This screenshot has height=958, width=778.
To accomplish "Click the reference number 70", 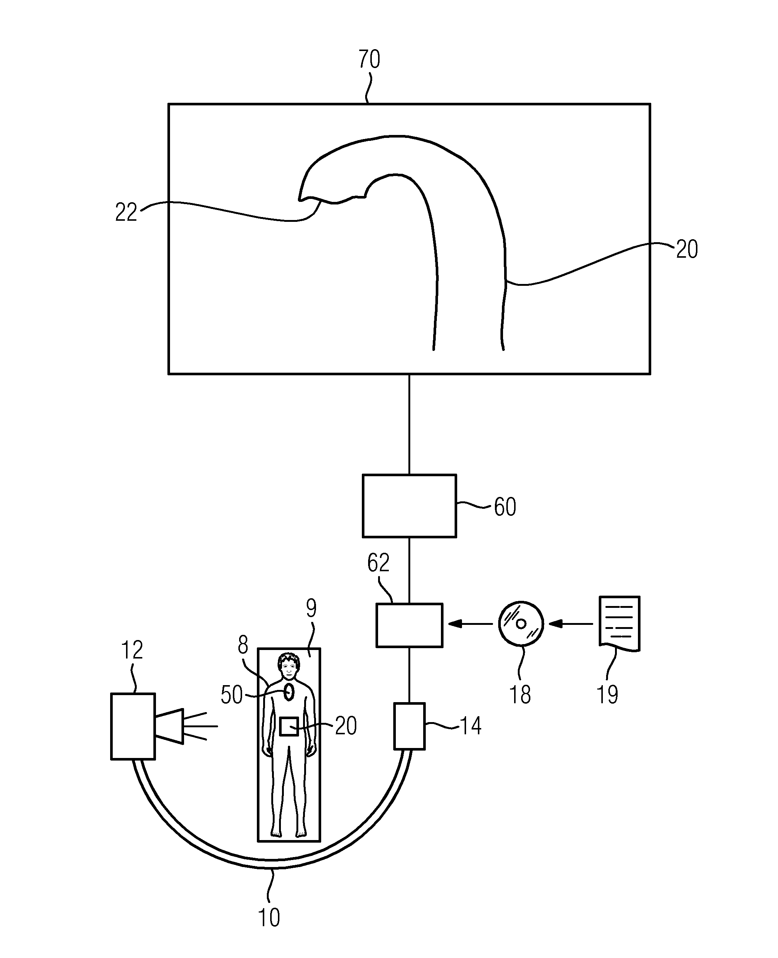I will click(x=369, y=59).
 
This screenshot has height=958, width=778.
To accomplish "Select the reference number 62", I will click(x=378, y=563).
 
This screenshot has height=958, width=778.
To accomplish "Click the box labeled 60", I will click(x=409, y=506).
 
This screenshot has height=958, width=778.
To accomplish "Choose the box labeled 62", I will click(x=409, y=625).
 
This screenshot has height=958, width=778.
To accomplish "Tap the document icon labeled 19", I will click(x=619, y=623).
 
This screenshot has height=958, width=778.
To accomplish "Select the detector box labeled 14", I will click(x=409, y=726).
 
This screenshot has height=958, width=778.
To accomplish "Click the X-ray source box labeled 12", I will click(x=133, y=726).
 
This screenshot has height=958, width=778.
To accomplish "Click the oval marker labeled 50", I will click(x=289, y=692).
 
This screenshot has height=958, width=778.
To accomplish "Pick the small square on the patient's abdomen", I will click(x=289, y=726).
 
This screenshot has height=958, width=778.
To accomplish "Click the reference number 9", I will click(x=311, y=608).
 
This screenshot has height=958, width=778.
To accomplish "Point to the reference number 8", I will click(x=242, y=645).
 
